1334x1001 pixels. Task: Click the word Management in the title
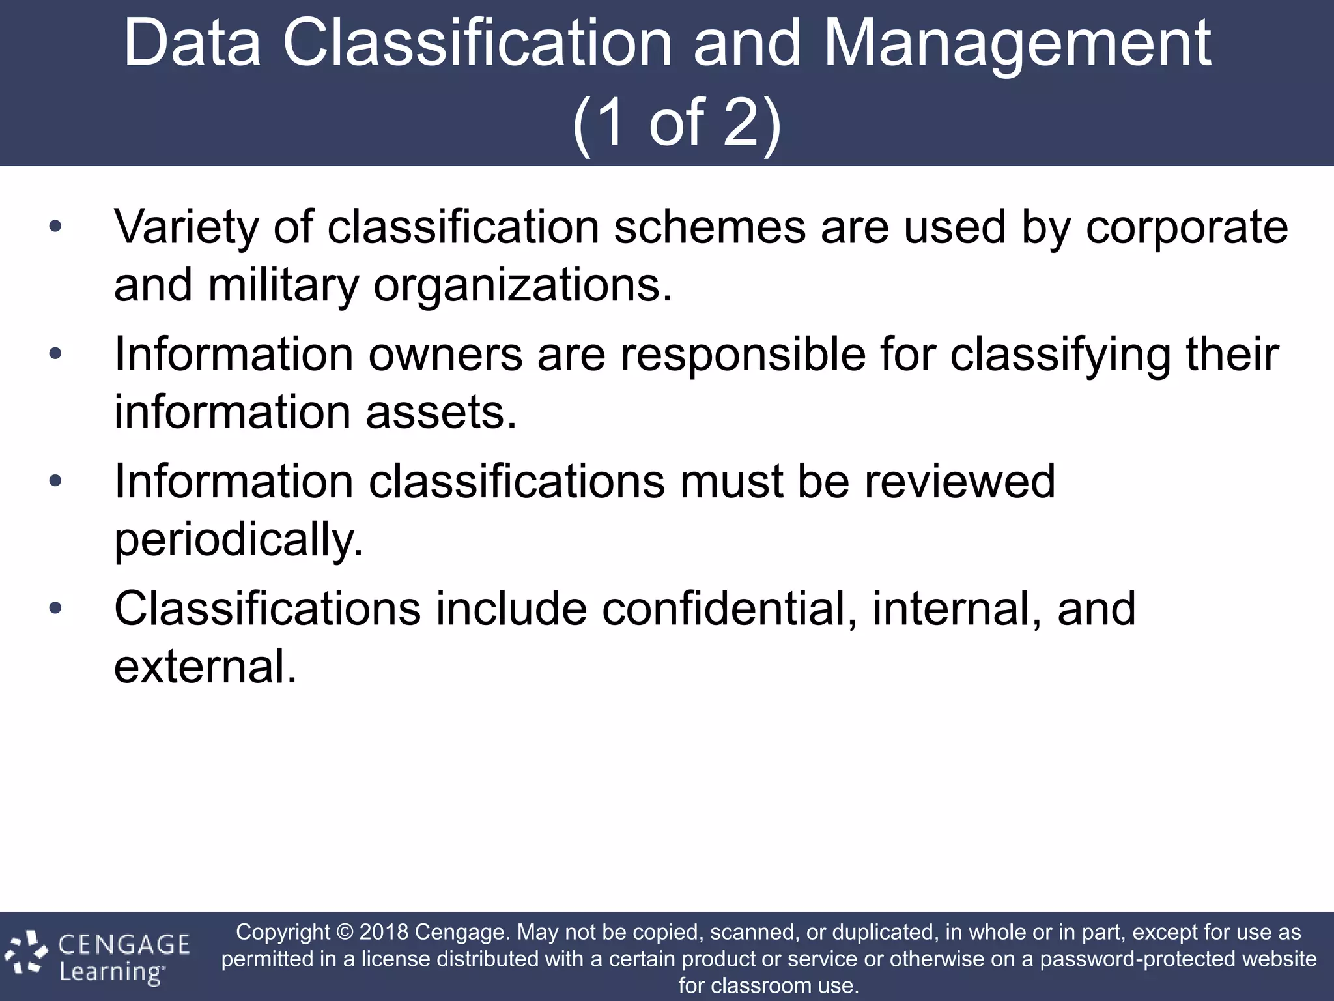[x=1017, y=44]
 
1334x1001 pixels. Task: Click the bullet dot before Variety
[x=55, y=227]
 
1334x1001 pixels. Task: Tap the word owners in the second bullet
[x=446, y=355]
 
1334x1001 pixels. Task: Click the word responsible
[x=743, y=355]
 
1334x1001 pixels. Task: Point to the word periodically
[x=238, y=541]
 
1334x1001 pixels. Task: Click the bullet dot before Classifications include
[x=55, y=608]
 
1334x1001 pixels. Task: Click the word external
[x=205, y=667]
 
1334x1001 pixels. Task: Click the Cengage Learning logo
[x=98, y=956]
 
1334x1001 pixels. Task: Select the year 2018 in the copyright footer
[x=384, y=932]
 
